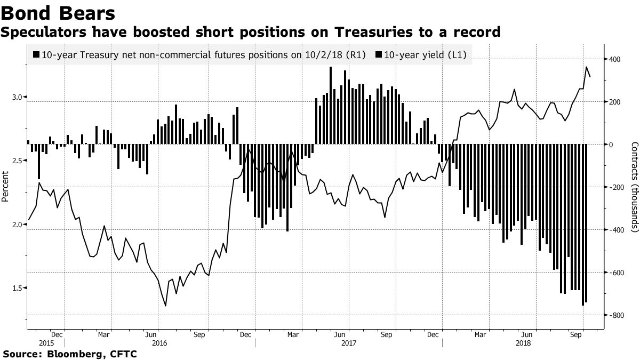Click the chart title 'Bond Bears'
click(x=58, y=13)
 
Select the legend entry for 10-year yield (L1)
click(x=421, y=54)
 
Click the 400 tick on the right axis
click(x=615, y=59)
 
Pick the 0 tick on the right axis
click(x=611, y=145)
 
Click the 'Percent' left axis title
click(x=5, y=187)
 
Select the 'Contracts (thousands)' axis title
click(x=634, y=187)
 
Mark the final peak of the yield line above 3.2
click(x=587, y=67)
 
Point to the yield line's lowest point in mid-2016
click(x=165, y=306)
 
